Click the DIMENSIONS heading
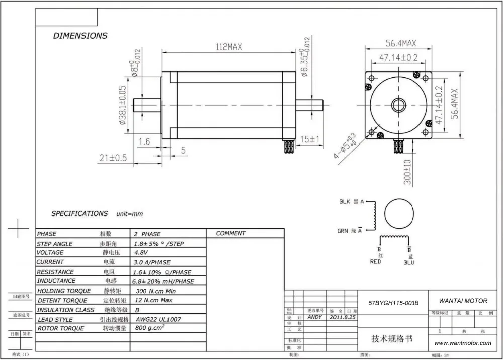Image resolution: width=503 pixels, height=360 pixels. pyautogui.click(x=80, y=36)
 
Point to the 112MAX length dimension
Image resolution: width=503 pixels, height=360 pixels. pyautogui.click(x=229, y=47)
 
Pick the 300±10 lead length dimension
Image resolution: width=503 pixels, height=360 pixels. pyautogui.click(x=407, y=172)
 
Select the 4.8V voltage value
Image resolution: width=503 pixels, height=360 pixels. pyautogui.click(x=141, y=253)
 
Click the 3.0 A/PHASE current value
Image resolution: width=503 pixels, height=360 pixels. pyautogui.click(x=152, y=262)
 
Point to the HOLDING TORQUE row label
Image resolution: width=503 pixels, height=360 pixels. pyautogui.click(x=64, y=291)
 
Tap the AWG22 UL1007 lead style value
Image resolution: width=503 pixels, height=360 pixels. pyautogui.click(x=158, y=319)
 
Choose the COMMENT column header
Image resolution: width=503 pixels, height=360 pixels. pyautogui.click(x=231, y=233)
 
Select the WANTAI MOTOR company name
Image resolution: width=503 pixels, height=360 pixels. pyautogui.click(x=463, y=301)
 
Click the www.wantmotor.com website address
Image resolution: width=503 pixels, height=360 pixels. pyautogui.click(x=463, y=343)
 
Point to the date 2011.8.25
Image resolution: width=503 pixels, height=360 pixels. pyautogui.click(x=343, y=318)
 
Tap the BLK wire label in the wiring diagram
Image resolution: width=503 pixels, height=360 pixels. pyautogui.click(x=345, y=202)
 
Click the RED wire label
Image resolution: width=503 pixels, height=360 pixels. pyautogui.click(x=375, y=262)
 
